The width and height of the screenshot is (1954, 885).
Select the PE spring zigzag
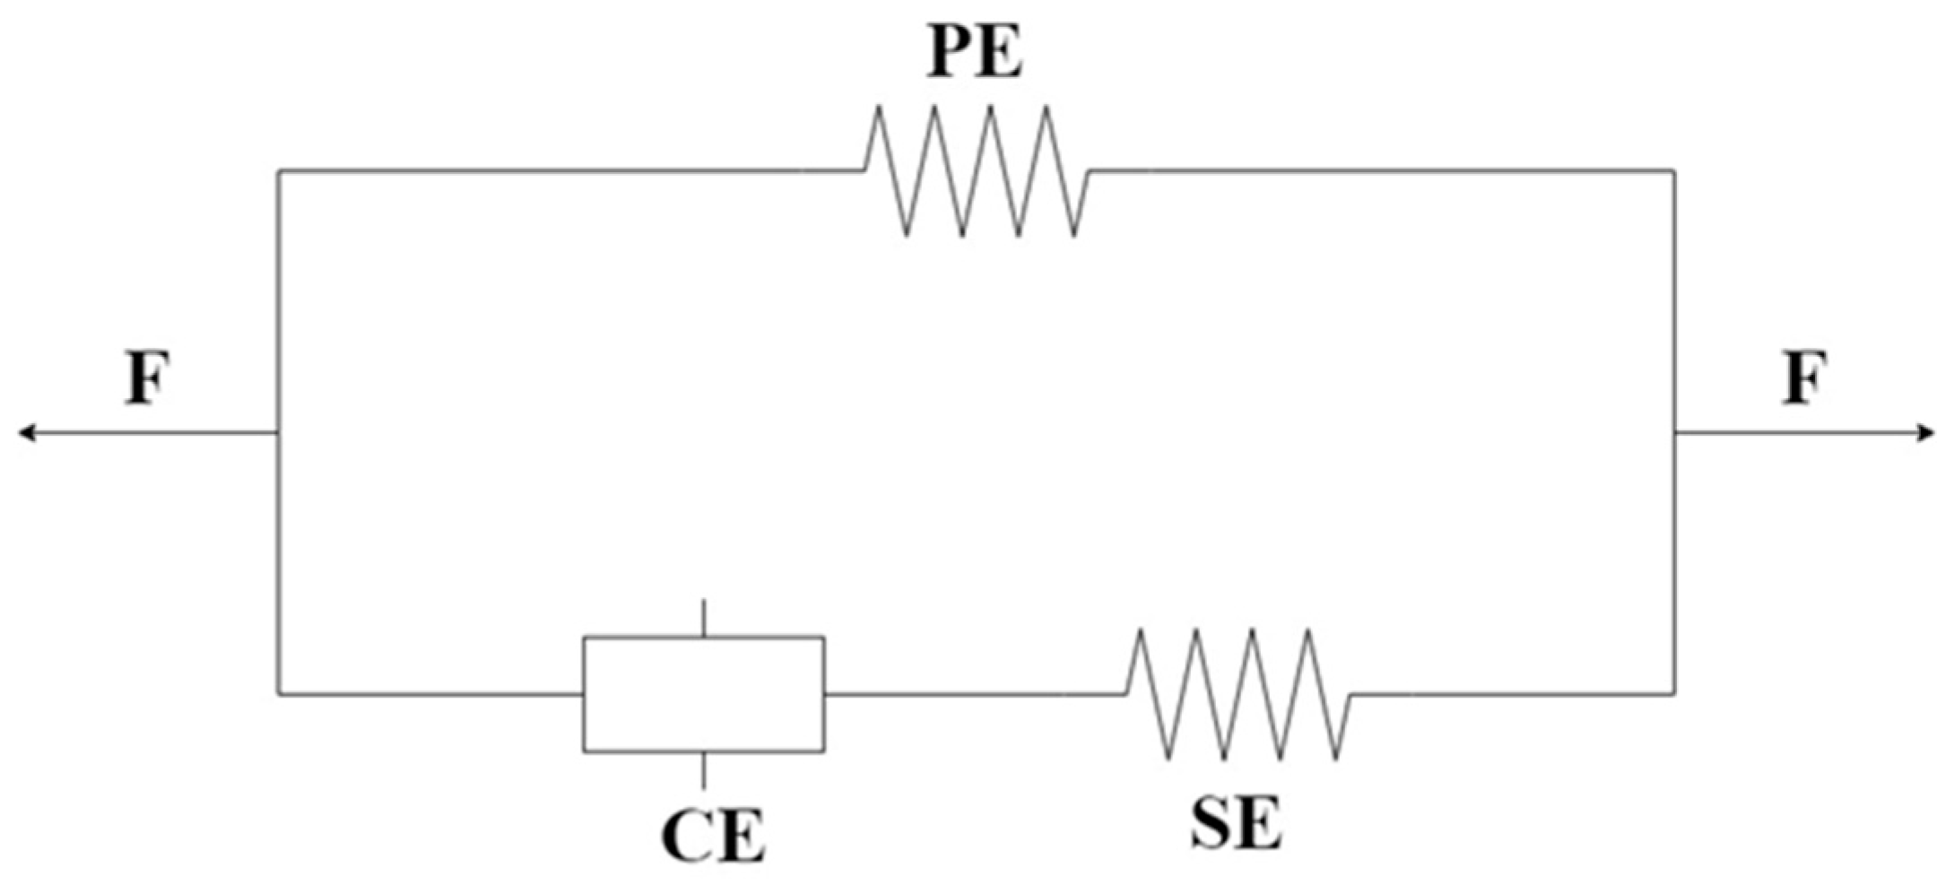coord(977,170)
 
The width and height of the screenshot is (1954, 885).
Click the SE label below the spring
coord(1236,823)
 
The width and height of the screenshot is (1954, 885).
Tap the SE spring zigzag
coord(1238,694)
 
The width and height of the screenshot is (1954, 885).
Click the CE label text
coord(713,836)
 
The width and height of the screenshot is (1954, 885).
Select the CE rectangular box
coord(704,694)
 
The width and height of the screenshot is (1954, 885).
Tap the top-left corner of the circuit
coord(280,170)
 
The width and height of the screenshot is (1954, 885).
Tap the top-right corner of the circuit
coord(1673,170)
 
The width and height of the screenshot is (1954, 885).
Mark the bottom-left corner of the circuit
coord(280,693)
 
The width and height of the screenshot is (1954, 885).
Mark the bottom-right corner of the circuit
coord(1673,693)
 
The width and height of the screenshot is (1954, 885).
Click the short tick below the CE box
coord(704,769)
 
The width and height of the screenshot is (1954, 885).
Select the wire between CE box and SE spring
coord(974,693)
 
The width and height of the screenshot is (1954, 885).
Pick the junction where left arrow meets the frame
coord(280,433)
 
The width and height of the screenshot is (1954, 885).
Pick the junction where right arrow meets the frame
coord(1673,433)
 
